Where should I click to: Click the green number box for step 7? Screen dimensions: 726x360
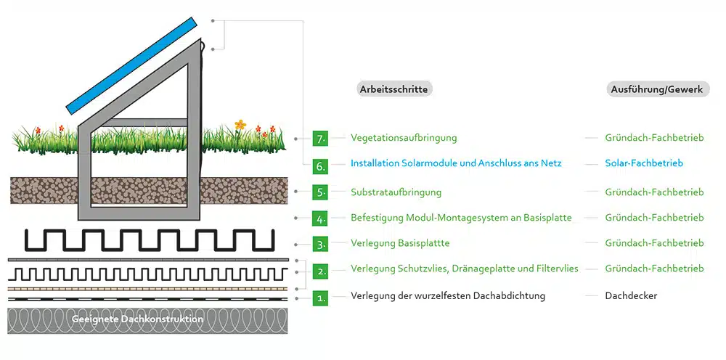(x=320, y=139)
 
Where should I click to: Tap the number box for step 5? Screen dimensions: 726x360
(x=320, y=192)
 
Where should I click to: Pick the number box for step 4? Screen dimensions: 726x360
(x=320, y=218)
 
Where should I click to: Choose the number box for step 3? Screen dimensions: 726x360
(x=320, y=245)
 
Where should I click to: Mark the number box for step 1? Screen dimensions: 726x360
(x=320, y=298)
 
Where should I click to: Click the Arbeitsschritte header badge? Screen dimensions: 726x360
(x=395, y=89)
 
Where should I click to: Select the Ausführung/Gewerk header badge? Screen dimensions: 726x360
(x=658, y=89)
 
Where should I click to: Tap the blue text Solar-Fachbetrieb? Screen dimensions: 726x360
(x=644, y=163)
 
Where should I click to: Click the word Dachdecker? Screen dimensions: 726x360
(x=631, y=295)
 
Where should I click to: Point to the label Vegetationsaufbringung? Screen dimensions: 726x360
(x=404, y=138)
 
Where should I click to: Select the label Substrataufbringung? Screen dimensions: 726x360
(x=396, y=192)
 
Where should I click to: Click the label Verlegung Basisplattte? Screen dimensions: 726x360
(x=400, y=243)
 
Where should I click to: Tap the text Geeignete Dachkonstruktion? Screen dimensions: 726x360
(x=137, y=319)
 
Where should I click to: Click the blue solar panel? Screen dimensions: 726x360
(x=131, y=66)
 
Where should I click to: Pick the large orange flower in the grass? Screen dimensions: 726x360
(x=240, y=124)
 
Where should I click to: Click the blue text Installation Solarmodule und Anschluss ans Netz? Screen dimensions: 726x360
(x=456, y=163)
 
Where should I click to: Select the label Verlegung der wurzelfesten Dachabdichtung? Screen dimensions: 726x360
(x=448, y=295)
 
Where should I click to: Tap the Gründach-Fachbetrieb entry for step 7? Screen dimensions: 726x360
(x=654, y=138)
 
